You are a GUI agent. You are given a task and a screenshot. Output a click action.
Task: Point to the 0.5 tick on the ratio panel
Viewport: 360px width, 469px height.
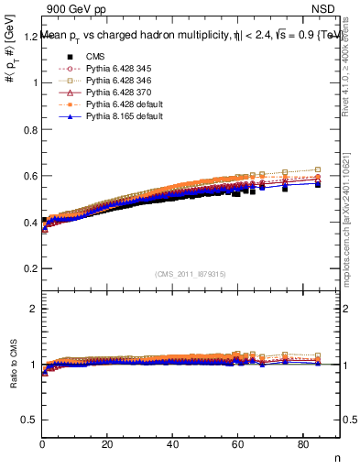29,420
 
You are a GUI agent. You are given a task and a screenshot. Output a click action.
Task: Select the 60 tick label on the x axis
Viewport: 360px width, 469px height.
238,445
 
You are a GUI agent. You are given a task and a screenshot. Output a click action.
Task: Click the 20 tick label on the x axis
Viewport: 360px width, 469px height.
108,445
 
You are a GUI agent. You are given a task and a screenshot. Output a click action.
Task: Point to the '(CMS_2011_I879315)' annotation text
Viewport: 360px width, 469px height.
191,274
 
